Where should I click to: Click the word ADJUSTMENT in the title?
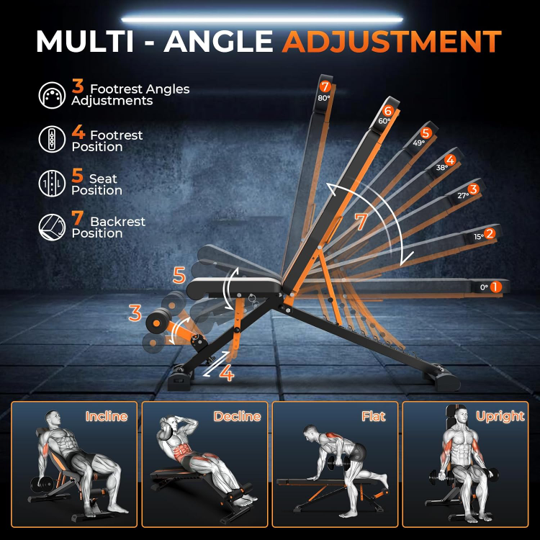click(392, 41)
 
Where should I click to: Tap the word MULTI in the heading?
click(85, 41)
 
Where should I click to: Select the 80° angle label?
click(324, 98)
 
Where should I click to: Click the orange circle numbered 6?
click(388, 111)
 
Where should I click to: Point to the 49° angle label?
click(419, 143)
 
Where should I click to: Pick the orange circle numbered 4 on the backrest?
click(450, 160)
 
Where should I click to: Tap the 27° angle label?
click(463, 196)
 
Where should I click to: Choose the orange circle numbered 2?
click(490, 233)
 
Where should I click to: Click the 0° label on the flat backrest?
click(485, 287)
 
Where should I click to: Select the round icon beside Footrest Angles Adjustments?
click(52, 95)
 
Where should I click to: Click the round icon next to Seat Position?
click(52, 183)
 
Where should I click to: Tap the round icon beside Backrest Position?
click(52, 227)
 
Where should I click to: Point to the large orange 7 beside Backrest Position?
click(78, 218)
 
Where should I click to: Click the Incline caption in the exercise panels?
click(107, 416)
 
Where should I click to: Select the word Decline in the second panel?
click(238, 416)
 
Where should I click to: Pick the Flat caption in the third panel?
click(373, 416)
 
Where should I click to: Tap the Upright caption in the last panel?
click(500, 417)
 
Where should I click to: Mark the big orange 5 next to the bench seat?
click(179, 275)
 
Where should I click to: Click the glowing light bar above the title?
click(262, 19)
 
